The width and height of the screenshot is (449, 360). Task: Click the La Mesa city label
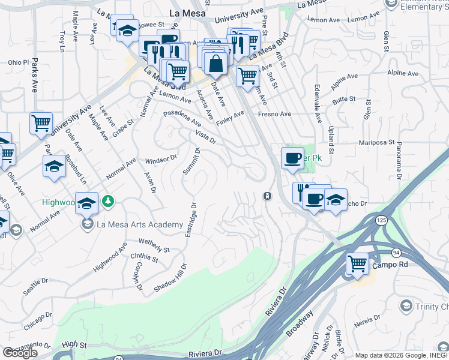pyautogui.click(x=188, y=13)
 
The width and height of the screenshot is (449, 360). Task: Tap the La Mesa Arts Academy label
pyautogui.click(x=138, y=225)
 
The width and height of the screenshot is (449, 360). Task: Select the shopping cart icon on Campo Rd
pyautogui.click(x=357, y=264)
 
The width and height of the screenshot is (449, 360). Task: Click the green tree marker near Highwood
pyautogui.click(x=107, y=201)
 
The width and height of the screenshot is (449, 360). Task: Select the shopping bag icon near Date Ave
pyautogui.click(x=215, y=64)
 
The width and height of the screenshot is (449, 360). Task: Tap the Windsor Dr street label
pyautogui.click(x=161, y=160)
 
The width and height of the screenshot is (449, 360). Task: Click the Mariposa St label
pyautogui.click(x=376, y=143)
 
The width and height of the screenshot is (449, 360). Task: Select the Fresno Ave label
pyautogui.click(x=274, y=114)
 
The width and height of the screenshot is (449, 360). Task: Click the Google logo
pyautogui.click(x=20, y=353)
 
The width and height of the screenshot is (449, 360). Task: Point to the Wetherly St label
pyautogui.click(x=155, y=245)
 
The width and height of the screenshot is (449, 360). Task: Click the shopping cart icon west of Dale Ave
pyautogui.click(x=41, y=123)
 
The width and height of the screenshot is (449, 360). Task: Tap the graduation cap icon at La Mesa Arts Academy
pyautogui.click(x=86, y=203)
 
